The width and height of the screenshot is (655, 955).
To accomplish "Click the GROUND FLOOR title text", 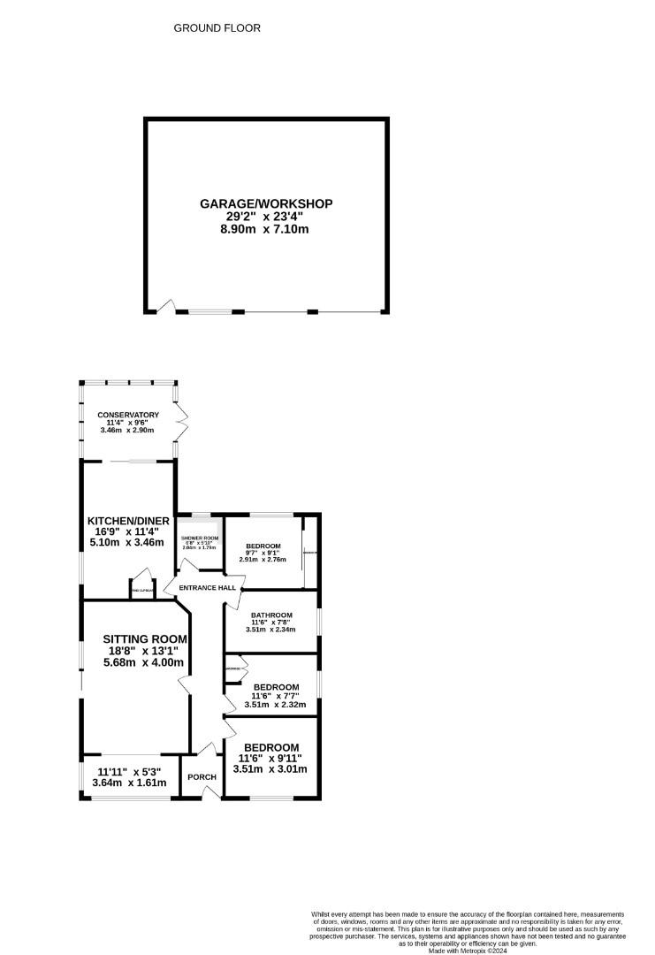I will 217,28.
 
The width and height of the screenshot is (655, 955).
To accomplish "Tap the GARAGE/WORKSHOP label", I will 266,203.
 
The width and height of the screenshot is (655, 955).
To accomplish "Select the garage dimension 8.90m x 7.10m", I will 266,229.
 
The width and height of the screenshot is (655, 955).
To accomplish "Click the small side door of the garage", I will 164,306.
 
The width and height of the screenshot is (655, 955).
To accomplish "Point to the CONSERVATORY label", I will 128,415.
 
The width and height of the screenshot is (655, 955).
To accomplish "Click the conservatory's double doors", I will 183,423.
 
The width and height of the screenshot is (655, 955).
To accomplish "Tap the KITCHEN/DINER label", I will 128,520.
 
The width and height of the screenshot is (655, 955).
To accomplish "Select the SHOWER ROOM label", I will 199,538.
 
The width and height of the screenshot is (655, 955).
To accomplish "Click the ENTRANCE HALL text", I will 207,588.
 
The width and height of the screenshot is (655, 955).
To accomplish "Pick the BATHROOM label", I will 270,615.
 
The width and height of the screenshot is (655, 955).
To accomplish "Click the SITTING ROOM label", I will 145,638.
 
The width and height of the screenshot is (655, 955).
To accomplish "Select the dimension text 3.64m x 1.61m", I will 128,783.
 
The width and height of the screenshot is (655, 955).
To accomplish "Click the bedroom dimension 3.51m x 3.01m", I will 270,769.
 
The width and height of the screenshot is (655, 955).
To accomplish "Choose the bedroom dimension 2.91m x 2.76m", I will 263,560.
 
